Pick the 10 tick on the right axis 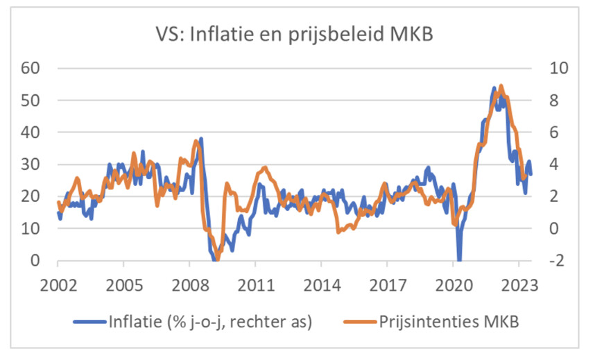(x=559, y=69)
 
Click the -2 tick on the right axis (x=556, y=261)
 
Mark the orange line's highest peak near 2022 (x=501, y=86)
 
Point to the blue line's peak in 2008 (x=200, y=139)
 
